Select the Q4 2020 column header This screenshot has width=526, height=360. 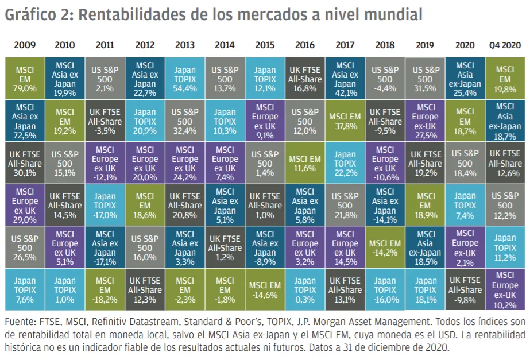[505, 45]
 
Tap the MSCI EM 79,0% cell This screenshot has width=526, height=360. [25, 79]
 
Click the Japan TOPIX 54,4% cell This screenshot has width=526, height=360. [185, 79]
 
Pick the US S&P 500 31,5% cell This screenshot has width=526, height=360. [426, 79]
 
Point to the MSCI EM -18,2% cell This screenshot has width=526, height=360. [105, 290]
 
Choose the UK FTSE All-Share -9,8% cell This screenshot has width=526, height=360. [465, 290]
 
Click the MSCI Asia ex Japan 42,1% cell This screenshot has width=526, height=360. [345, 79]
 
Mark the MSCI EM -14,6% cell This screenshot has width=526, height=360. [265, 290]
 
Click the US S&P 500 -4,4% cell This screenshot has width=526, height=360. [385, 79]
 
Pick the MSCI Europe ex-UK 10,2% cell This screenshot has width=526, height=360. [505, 290]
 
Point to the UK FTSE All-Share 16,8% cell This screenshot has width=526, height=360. [305, 79]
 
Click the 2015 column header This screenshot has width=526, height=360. [265, 45]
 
